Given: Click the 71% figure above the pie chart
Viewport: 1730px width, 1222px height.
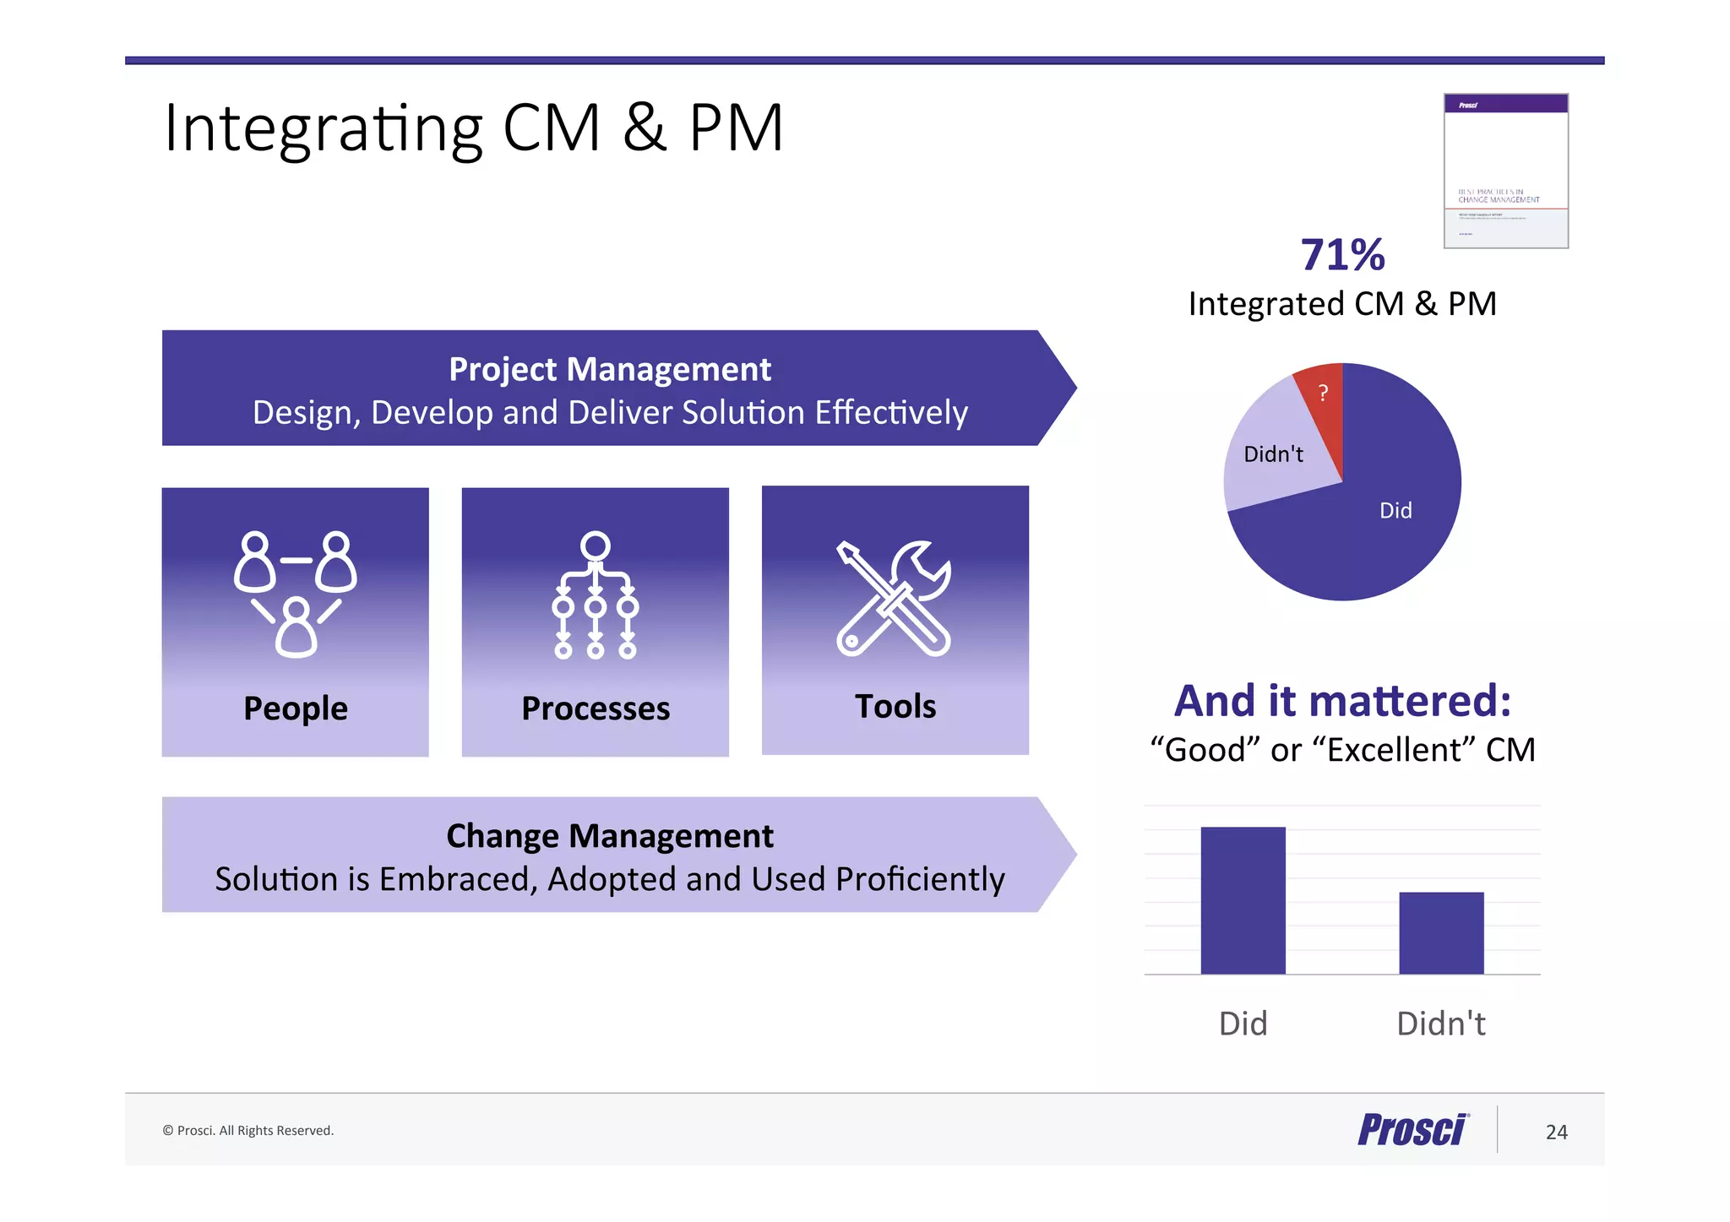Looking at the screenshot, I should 1342,255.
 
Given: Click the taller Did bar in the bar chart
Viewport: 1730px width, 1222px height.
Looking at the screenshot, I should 1243,900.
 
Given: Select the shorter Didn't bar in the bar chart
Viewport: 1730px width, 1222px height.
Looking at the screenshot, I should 1441,932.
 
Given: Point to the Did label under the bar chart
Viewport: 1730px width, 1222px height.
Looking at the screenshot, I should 1243,1024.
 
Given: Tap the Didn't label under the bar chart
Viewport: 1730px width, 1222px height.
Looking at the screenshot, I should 1441,1024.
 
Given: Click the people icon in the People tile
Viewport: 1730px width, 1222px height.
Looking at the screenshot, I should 296,594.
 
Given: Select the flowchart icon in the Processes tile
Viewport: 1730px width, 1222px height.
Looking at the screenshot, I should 596,595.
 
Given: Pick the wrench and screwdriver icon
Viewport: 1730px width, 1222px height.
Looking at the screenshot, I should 894,598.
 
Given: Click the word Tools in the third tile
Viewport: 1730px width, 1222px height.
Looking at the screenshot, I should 895,706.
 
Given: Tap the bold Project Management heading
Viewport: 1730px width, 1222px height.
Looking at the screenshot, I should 609,369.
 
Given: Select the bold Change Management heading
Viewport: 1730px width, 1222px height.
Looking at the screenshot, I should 609,836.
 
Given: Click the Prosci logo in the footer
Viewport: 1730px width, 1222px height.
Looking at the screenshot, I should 1413,1130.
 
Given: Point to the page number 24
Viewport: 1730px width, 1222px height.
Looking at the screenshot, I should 1556,1132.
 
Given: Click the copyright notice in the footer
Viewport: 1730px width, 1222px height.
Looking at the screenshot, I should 248,1131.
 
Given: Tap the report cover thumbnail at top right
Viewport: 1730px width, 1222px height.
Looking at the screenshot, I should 1505,171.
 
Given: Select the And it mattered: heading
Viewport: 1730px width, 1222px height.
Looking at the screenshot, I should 1342,701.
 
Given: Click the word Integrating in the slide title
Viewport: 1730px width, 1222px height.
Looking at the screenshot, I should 323,128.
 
